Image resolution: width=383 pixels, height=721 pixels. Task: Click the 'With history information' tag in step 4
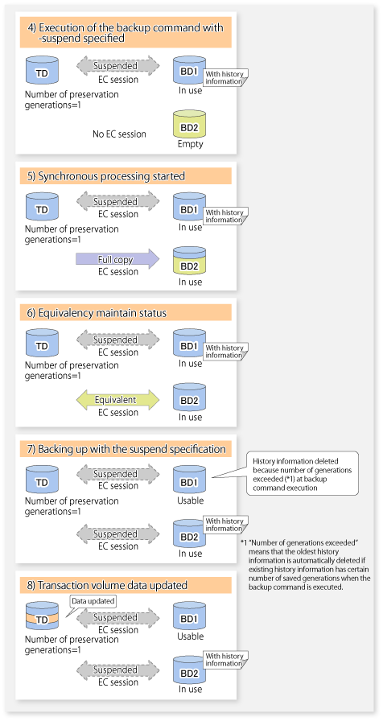[225, 78]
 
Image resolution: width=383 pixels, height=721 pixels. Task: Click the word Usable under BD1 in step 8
[190, 637]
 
